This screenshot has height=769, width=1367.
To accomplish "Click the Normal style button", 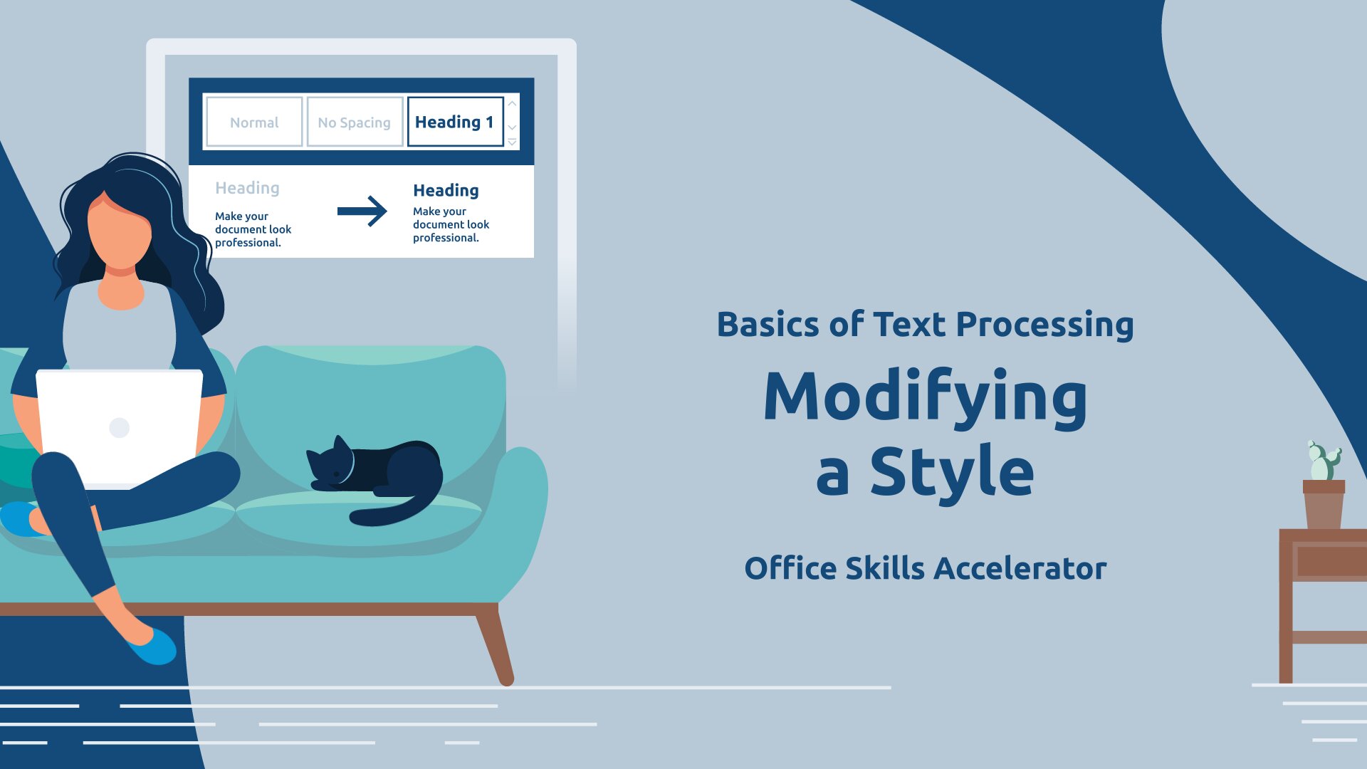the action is click(254, 122).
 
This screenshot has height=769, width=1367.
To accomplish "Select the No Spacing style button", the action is click(355, 122).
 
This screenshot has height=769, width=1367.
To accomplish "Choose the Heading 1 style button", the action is click(455, 122).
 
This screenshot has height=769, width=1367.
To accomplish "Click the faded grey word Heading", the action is click(247, 188).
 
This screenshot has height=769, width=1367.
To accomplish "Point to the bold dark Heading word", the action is click(446, 191).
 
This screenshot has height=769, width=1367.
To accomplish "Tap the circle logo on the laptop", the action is click(119, 427).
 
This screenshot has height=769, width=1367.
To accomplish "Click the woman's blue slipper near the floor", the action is click(152, 646).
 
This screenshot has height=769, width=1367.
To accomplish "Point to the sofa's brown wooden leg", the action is click(495, 644).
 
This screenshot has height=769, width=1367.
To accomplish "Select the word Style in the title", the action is click(952, 471).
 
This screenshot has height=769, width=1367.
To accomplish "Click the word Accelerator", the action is click(1020, 568).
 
